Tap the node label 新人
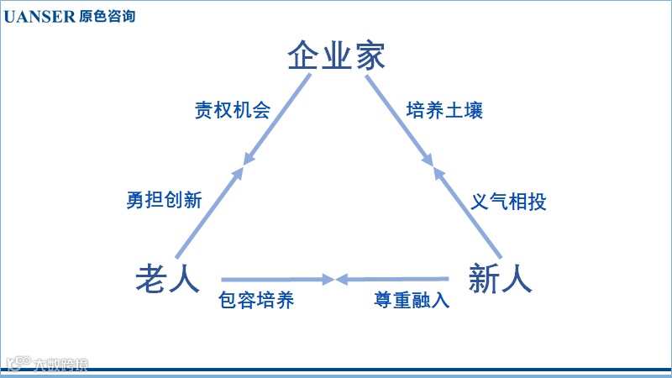click(x=500, y=278)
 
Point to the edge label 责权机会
click(x=233, y=110)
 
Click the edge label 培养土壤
click(x=444, y=110)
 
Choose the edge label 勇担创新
click(x=164, y=201)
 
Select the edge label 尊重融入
click(x=412, y=300)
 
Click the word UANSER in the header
click(x=39, y=16)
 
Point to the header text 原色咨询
click(x=107, y=16)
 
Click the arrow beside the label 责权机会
click(x=278, y=118)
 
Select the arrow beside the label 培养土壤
click(x=399, y=118)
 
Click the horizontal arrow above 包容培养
click(x=277, y=278)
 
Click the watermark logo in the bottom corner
click(x=46, y=364)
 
